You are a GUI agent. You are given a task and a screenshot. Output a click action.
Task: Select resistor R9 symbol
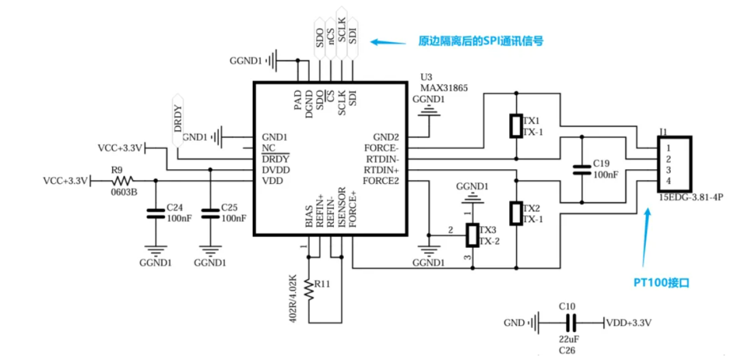click(x=123, y=181)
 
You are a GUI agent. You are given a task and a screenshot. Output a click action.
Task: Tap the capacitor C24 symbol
click(x=156, y=213)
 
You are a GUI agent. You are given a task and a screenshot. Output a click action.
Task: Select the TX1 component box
click(x=517, y=125)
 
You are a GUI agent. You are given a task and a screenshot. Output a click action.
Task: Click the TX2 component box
click(x=517, y=213)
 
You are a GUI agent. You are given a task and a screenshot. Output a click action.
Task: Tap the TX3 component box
click(x=471, y=235)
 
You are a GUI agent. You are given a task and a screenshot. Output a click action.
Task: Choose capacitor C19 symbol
click(x=582, y=169)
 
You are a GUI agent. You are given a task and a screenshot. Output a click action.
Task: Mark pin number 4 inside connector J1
click(x=668, y=181)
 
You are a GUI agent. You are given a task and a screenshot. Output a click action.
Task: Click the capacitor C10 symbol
click(x=572, y=323)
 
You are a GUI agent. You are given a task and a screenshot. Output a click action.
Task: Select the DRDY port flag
click(x=178, y=120)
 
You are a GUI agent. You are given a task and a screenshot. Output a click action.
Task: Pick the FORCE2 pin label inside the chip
click(x=381, y=181)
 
